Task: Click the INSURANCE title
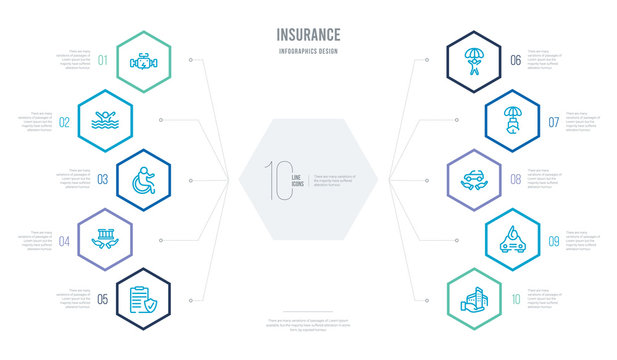[308, 34]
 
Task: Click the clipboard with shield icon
[141, 299]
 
